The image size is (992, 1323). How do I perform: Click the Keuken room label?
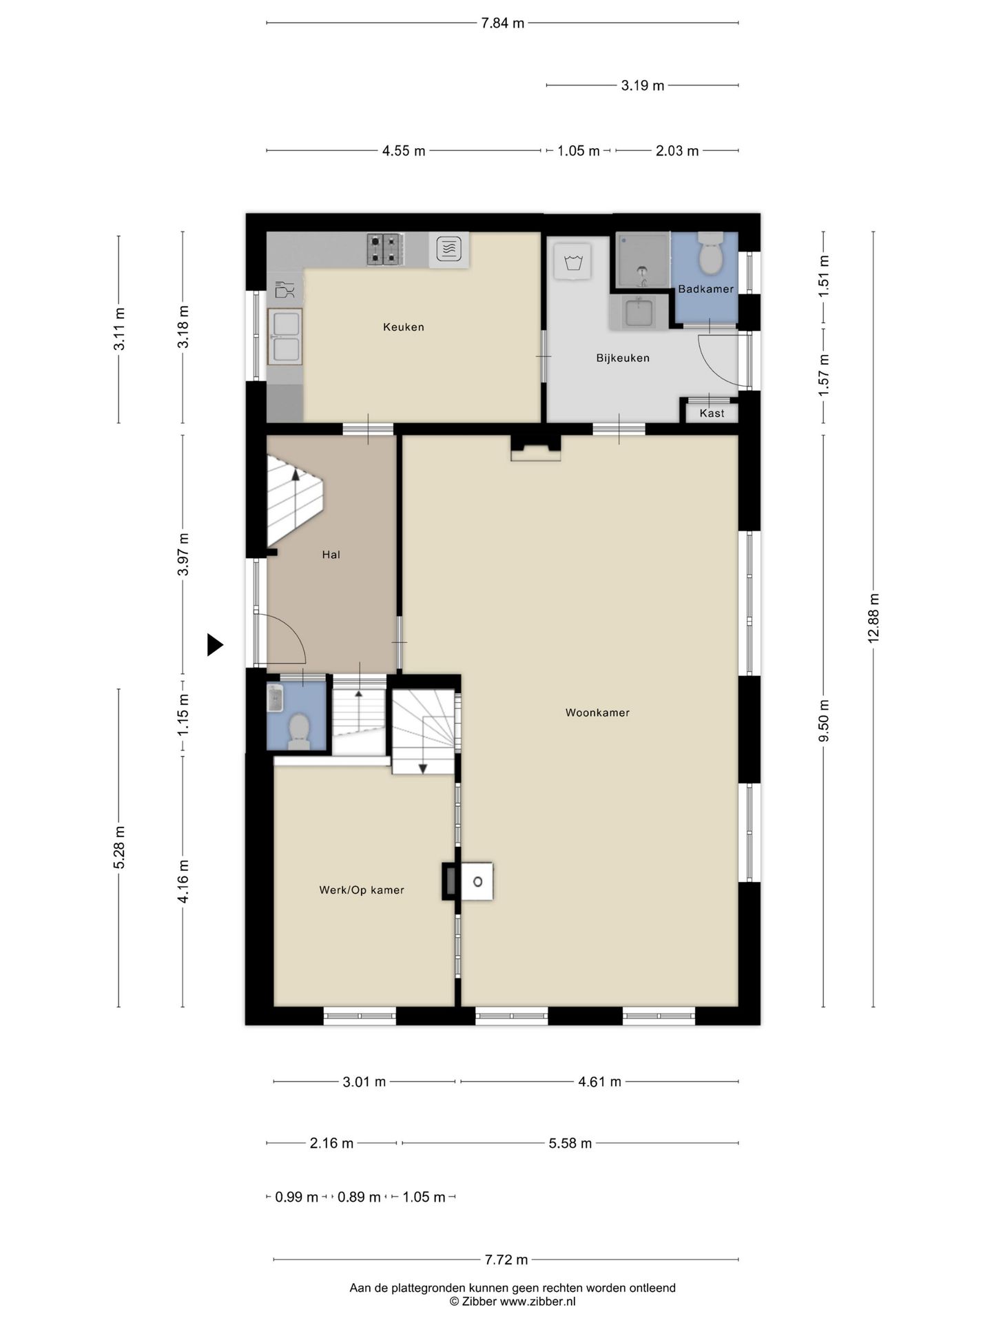pos(404,327)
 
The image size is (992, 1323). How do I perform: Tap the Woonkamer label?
pos(597,712)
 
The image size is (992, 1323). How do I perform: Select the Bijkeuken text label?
pos(623,358)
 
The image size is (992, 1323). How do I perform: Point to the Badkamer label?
pos(705,289)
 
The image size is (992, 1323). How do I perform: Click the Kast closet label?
pos(712,413)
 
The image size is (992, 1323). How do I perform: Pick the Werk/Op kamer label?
pos(362,890)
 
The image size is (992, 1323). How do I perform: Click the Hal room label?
pos(331,555)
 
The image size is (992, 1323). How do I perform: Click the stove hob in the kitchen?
pos(384,249)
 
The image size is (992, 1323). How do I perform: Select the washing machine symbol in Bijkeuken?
pos(572,262)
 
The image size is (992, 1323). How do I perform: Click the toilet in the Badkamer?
pos(709,254)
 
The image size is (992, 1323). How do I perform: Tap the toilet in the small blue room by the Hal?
pos(298,731)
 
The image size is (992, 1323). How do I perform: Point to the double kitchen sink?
pos(285,337)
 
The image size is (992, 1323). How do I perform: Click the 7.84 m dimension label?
pos(503,23)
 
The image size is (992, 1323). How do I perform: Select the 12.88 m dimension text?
pos(874,619)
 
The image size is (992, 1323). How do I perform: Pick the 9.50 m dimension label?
pos(824,721)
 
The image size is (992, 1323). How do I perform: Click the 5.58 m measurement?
pos(570,1144)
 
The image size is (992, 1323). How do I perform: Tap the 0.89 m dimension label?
pos(359,1198)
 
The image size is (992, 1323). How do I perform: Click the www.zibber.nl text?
pos(538,1302)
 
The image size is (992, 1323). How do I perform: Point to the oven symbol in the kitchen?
pos(449,249)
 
